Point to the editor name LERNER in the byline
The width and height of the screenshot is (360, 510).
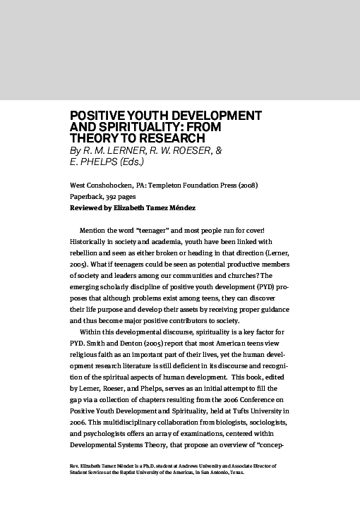[125, 150]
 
